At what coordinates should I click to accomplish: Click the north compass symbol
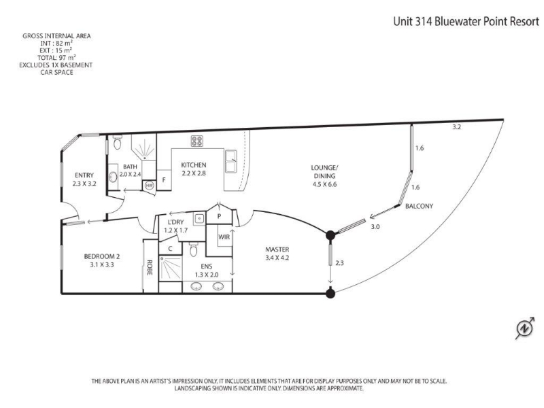coord(524,328)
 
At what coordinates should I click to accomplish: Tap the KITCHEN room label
coord(194,165)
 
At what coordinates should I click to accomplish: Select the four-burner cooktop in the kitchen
coord(197,141)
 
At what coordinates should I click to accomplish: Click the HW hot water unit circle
coord(149,186)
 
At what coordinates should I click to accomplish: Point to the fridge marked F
coord(164,180)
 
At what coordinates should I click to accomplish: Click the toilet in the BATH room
coord(117,142)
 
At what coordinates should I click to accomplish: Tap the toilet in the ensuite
coord(194,249)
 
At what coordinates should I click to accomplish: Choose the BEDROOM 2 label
coord(102,256)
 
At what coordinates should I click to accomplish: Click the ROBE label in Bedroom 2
coord(150,267)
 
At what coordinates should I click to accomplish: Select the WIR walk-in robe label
coord(224,237)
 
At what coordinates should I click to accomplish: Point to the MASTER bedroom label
coord(277,249)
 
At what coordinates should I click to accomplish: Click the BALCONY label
coord(419,206)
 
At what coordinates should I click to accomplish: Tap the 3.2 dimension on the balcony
coord(456,127)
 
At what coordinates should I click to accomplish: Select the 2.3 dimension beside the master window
coord(339,263)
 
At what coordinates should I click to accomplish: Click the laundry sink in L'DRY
coord(199,218)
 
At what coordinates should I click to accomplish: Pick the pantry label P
coord(219,216)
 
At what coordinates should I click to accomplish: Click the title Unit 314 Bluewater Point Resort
coord(466,22)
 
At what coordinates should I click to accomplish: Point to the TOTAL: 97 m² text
coord(57,58)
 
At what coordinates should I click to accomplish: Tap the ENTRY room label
coord(84,175)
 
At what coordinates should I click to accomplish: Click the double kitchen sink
coord(231,161)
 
